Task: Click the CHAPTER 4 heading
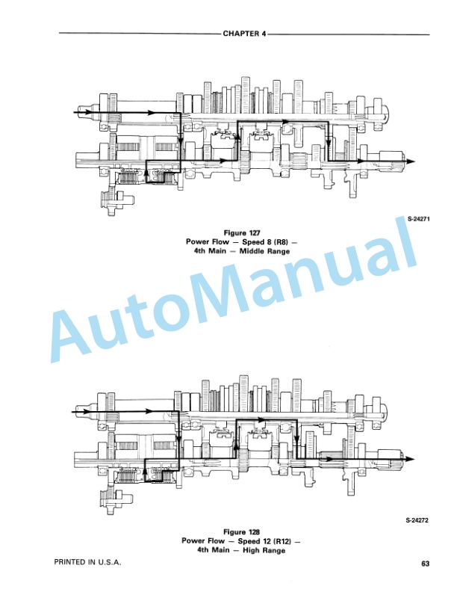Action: tap(244, 34)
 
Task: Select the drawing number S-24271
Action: tap(418, 218)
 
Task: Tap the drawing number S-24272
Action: tap(417, 520)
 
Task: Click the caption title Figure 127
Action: tap(242, 233)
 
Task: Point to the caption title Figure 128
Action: tap(242, 532)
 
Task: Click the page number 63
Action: tap(425, 564)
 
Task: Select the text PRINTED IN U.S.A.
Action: tap(87, 562)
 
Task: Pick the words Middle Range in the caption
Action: tap(264, 251)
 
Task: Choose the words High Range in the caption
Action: tap(264, 550)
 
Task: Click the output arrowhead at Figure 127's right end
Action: tap(411, 161)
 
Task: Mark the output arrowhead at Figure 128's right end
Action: tap(410, 459)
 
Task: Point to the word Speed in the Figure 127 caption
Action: tap(252, 242)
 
